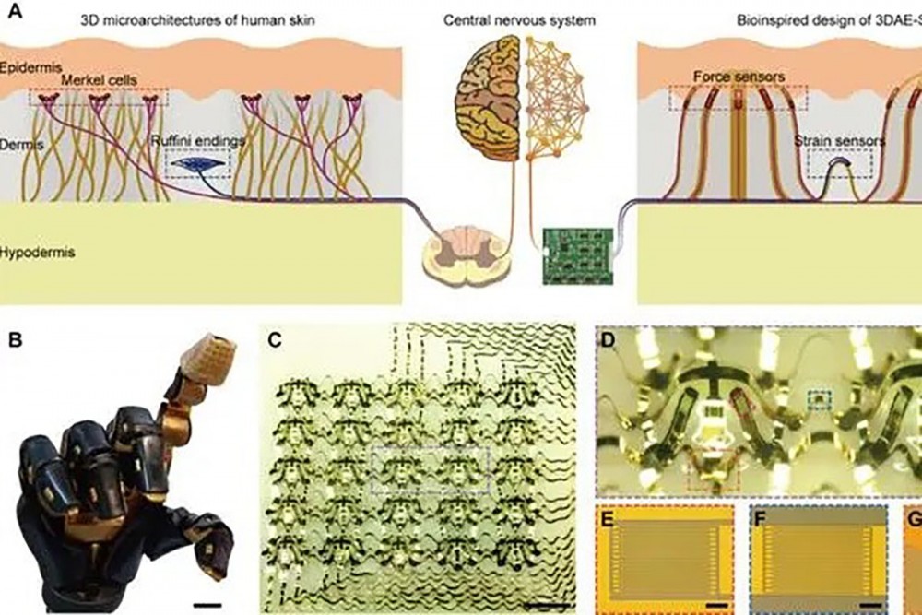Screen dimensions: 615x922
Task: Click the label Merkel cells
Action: pos(99,81)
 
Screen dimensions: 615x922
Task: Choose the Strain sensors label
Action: pos(839,141)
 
